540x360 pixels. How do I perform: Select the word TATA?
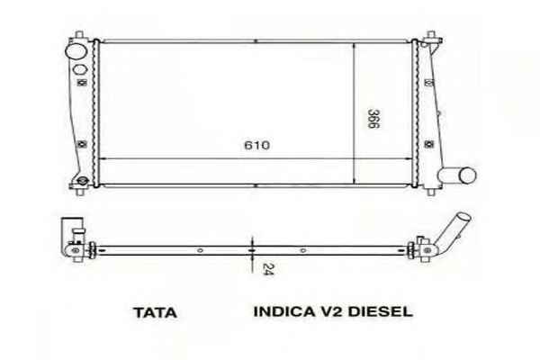tap(154, 313)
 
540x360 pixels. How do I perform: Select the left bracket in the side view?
tap(72, 231)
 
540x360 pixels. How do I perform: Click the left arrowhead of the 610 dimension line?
tap(104, 157)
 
